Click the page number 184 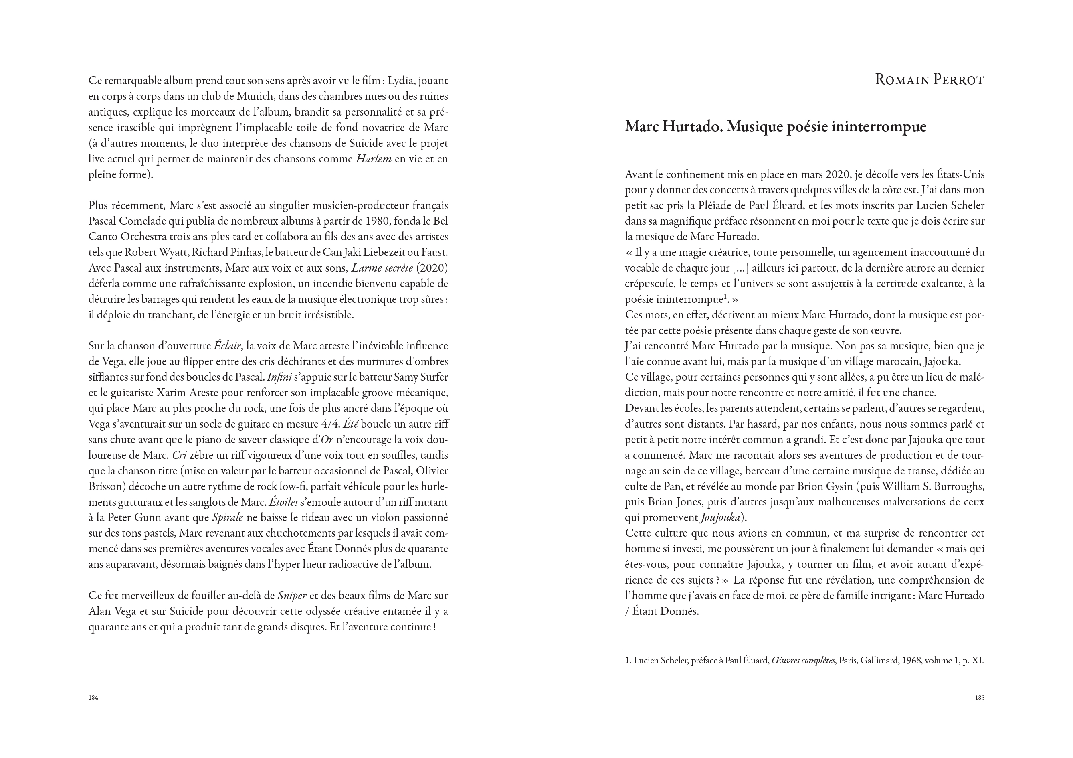[x=93, y=698]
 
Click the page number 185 [x=980, y=698]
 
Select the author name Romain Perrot [x=929, y=80]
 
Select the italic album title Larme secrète [x=382, y=268]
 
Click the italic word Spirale [x=228, y=518]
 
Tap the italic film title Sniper [x=292, y=596]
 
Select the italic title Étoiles [x=283, y=502]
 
